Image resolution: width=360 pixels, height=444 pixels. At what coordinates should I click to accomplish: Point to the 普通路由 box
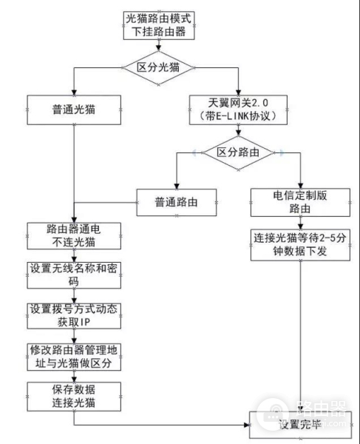pyautogui.click(x=176, y=201)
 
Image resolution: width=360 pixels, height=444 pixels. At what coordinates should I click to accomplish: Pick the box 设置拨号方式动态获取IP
pyautogui.click(x=73, y=316)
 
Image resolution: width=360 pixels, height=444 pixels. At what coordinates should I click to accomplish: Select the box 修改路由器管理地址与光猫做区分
pyautogui.click(x=73, y=356)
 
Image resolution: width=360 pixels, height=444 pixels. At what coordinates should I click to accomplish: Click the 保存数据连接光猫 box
pyautogui.click(x=73, y=396)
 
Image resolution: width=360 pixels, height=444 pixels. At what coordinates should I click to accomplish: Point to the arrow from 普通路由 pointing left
pyautogui.click(x=103, y=201)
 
